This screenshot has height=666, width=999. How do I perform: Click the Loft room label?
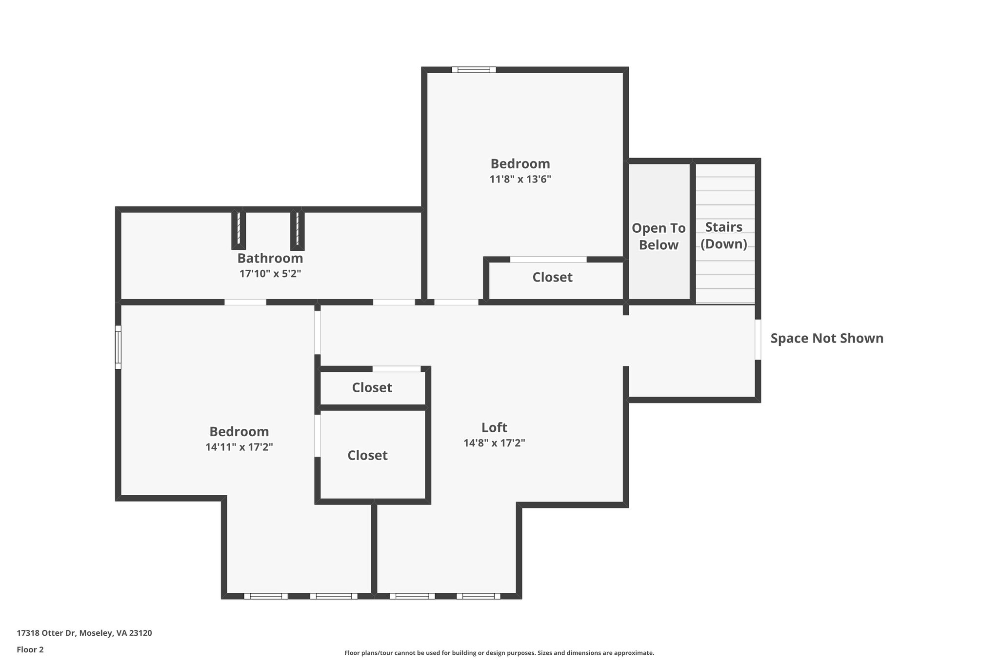pyautogui.click(x=494, y=427)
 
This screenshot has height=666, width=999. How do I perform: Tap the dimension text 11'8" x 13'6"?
pyautogui.click(x=520, y=179)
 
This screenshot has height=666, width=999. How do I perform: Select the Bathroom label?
pyautogui.click(x=270, y=258)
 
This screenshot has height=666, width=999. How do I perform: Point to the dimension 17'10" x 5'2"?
pyautogui.click(x=270, y=274)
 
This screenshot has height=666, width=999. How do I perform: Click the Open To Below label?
pyautogui.click(x=659, y=237)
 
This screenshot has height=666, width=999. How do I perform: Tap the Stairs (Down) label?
pyautogui.click(x=724, y=235)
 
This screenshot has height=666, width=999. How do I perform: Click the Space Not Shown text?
pyautogui.click(x=827, y=338)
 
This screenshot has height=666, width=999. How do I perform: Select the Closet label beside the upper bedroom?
pyautogui.click(x=552, y=277)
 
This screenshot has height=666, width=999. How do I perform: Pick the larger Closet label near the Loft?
pyautogui.click(x=367, y=455)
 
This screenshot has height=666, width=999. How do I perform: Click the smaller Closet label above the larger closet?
pyautogui.click(x=372, y=387)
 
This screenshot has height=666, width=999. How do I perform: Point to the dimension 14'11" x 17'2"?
pyautogui.click(x=239, y=447)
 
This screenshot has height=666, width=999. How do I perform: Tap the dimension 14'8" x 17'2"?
pyautogui.click(x=494, y=443)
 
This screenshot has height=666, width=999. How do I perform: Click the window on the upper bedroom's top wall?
pyautogui.click(x=474, y=70)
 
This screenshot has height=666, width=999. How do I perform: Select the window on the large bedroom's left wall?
pyautogui.click(x=118, y=347)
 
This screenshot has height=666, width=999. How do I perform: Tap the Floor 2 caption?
pyautogui.click(x=30, y=649)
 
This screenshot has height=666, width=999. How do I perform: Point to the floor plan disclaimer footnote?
pyautogui.click(x=499, y=653)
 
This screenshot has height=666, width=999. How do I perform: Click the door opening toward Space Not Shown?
pyautogui.click(x=758, y=340)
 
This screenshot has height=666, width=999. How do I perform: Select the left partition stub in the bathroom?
pyautogui.click(x=239, y=230)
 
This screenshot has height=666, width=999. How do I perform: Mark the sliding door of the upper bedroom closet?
pyautogui.click(x=548, y=260)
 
